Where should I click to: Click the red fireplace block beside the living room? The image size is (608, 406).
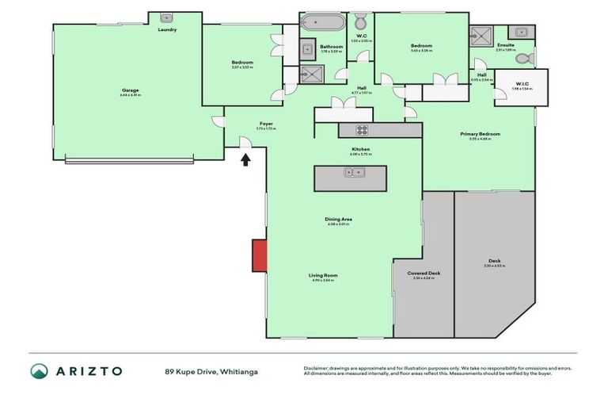258,255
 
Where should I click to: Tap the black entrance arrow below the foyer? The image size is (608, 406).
245,159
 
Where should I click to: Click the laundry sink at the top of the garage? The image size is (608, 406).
167,17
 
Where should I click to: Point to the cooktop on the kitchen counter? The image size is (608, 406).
361,131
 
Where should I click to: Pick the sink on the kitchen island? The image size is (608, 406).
350,172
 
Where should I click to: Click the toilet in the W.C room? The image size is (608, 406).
360,21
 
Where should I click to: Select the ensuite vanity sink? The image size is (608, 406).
519,33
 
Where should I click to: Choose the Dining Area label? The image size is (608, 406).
338,219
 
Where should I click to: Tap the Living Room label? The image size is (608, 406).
323,275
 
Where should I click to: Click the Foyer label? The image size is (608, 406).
267,123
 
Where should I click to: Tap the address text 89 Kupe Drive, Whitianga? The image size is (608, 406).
211,371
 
